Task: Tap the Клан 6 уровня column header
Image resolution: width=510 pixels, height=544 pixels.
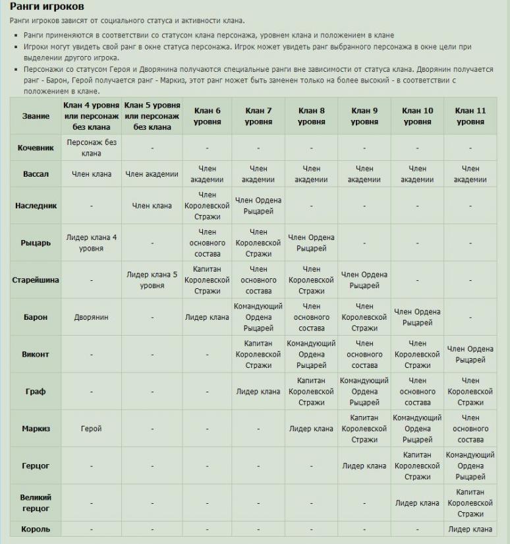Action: click(x=207, y=116)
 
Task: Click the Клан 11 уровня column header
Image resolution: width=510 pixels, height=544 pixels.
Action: click(x=470, y=116)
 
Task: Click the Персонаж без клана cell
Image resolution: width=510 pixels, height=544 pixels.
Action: click(x=92, y=148)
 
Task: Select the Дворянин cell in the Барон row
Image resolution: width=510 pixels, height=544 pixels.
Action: click(x=92, y=317)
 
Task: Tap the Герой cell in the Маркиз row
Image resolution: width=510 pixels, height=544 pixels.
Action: click(x=92, y=429)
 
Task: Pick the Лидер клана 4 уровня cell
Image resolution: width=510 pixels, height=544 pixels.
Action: click(x=92, y=242)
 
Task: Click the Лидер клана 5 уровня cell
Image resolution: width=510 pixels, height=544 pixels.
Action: click(x=152, y=280)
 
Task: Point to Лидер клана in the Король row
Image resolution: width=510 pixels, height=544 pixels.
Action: click(x=470, y=529)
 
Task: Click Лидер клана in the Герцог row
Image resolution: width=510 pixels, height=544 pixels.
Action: click(x=364, y=466)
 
